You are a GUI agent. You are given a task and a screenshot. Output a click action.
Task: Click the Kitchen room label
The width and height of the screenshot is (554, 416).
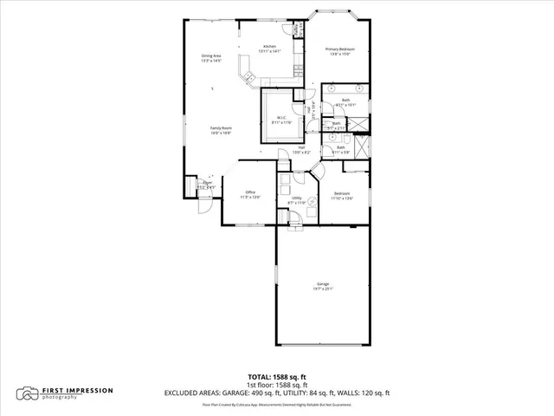[269, 47]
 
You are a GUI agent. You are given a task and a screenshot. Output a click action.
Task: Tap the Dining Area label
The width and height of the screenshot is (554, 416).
[211, 56]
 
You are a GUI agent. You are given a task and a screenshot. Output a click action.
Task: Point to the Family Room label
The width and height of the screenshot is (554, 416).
[221, 127]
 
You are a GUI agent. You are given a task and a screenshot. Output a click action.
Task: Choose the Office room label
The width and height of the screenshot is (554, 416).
[250, 192]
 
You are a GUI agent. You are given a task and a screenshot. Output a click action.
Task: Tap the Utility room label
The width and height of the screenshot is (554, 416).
[296, 198]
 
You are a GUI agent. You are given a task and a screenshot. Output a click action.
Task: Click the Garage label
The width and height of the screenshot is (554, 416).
[323, 283]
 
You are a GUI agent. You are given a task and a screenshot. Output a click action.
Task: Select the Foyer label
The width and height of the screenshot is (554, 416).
[208, 182]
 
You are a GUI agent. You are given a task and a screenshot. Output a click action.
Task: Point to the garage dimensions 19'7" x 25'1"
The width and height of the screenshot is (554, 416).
[323, 289]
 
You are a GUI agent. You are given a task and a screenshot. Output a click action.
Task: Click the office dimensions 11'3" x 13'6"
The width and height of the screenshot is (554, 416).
[250, 197]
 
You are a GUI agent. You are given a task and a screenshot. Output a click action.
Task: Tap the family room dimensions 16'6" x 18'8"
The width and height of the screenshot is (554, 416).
[221, 133]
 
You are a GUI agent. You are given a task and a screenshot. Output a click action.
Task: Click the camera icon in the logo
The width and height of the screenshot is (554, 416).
[29, 393]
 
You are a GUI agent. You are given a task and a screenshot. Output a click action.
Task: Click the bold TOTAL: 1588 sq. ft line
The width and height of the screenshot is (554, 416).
[277, 376]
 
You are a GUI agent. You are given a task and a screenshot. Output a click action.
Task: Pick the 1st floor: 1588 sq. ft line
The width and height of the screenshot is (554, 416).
[277, 384]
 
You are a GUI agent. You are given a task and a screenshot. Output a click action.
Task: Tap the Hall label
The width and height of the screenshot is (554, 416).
[301, 147]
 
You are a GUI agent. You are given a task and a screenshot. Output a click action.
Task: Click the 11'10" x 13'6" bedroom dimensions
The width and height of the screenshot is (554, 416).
[343, 198]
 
